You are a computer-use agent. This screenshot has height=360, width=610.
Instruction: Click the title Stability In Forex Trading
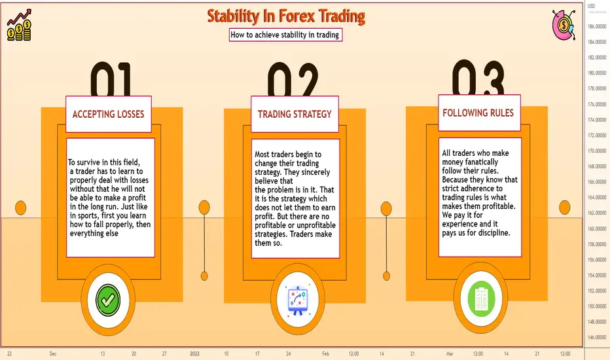tap(286, 17)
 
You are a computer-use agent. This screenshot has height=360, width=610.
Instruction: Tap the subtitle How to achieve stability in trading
tap(285, 35)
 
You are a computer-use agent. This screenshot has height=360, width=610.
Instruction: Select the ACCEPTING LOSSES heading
tap(108, 114)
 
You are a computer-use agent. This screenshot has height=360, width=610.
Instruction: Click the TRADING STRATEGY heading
tap(295, 114)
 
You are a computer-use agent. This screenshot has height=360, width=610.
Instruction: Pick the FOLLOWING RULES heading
tap(478, 113)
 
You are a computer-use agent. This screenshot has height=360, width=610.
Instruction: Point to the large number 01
tap(111, 79)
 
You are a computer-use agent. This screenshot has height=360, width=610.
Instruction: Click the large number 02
tap(293, 79)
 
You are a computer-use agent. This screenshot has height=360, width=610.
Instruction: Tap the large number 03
tap(478, 77)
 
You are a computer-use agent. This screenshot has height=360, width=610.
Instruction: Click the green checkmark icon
tap(108, 300)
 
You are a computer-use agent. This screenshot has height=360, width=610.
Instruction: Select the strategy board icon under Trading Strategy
tap(298, 300)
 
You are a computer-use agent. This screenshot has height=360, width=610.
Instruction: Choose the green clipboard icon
tap(481, 298)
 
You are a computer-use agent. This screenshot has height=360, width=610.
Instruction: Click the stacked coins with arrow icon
tap(19, 26)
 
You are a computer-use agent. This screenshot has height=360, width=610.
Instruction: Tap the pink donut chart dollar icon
tap(564, 24)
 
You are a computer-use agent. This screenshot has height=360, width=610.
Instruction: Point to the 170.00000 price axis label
tap(597, 151)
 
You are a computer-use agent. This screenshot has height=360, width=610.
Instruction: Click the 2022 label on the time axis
tap(194, 353)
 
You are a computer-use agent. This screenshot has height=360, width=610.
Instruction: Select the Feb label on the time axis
tap(326, 353)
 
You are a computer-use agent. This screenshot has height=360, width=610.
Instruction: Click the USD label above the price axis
tap(591, 6)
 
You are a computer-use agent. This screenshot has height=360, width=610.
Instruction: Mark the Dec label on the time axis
tap(53, 353)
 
